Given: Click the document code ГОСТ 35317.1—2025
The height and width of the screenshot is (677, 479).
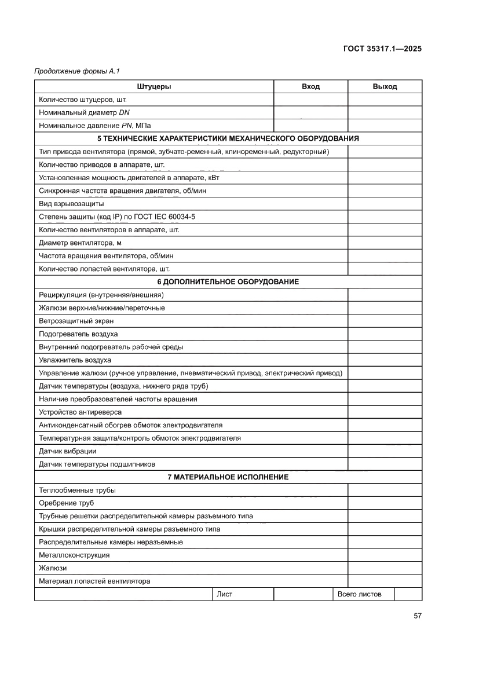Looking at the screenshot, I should (381, 49).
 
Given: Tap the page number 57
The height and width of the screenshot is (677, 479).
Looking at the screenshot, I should (417, 616).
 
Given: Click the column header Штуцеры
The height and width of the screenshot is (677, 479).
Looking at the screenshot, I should (154, 86).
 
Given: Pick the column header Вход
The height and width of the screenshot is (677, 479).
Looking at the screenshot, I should (310, 86).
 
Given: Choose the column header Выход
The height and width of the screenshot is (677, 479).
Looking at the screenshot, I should (385, 86).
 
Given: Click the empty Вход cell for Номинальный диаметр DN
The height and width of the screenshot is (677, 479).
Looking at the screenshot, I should (310, 112).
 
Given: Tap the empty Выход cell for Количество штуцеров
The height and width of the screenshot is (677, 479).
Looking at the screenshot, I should (385, 100).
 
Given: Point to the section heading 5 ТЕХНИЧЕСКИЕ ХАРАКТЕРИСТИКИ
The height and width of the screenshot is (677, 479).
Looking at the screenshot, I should (228, 138).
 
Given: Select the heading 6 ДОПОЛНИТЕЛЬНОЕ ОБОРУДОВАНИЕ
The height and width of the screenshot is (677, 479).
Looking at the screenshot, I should (228, 281).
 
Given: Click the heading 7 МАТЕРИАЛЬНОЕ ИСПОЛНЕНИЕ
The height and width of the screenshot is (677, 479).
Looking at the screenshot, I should (228, 477).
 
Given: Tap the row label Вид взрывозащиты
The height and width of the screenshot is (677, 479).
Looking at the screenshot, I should (71, 204).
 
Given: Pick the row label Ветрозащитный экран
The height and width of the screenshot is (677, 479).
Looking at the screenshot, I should (76, 321).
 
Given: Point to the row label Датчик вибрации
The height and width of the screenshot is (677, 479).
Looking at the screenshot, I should (68, 451).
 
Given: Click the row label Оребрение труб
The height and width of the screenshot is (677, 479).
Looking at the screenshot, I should (67, 503).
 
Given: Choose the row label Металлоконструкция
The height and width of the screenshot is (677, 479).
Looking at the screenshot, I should (74, 555).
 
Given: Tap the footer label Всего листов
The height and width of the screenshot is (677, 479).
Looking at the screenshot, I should (359, 594).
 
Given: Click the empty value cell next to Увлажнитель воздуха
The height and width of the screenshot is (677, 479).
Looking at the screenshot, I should (385, 360).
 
